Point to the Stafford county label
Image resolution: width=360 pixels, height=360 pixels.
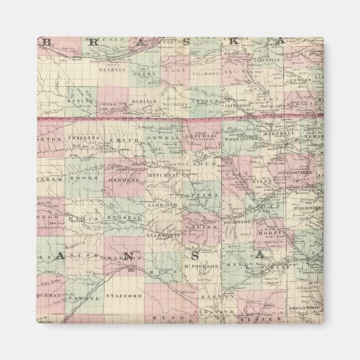pyautogui.click(x=124, y=296)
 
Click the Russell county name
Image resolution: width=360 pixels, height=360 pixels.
pyautogui.click(x=127, y=217)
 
